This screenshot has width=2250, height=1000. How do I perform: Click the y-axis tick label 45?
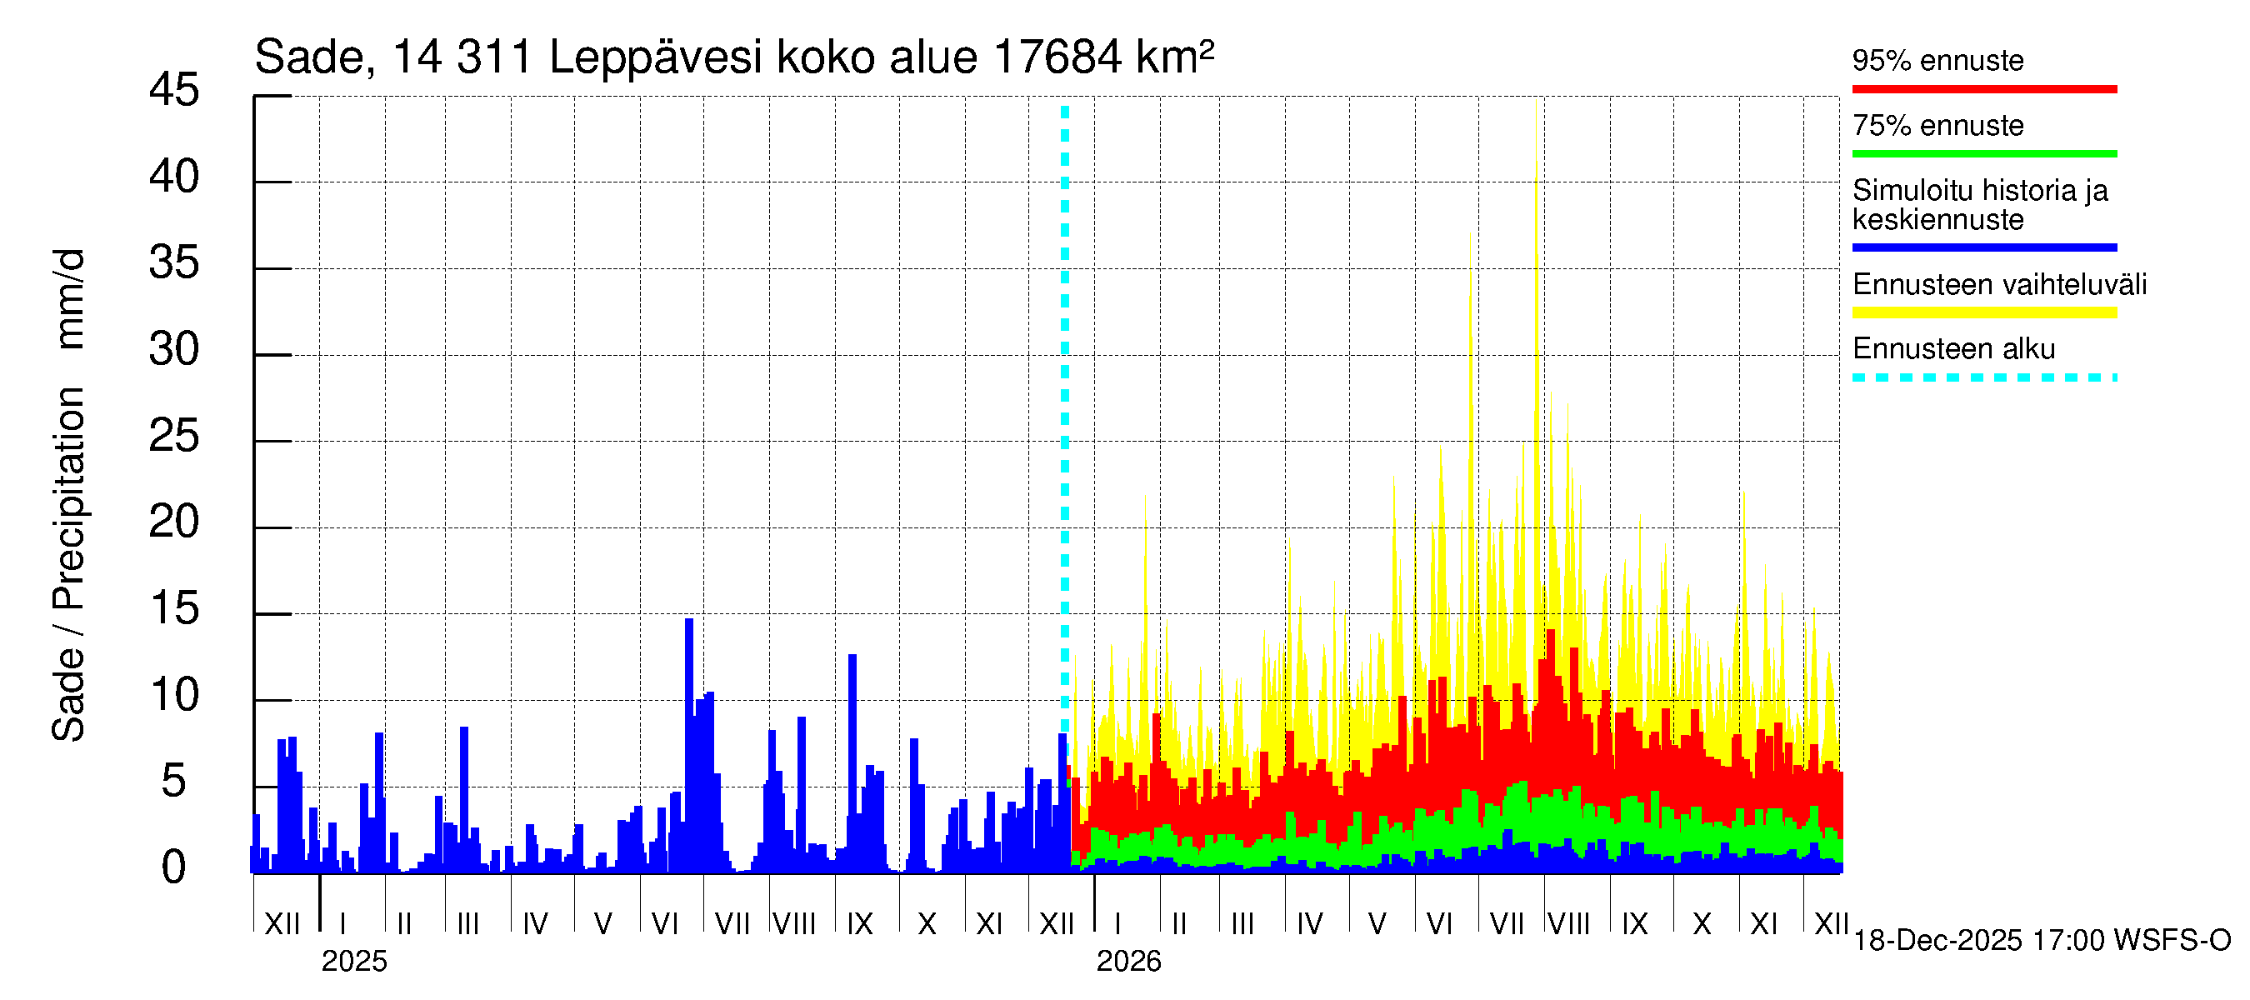174,90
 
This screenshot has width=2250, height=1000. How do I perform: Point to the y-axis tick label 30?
174,349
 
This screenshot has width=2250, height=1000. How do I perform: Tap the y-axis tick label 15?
174,608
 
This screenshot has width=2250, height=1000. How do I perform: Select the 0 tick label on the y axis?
174,867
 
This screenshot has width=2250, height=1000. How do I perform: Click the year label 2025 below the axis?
353,962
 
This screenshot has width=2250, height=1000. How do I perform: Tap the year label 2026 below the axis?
1128,962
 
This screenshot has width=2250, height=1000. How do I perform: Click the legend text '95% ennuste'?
1937,60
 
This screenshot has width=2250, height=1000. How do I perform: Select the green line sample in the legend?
1983,153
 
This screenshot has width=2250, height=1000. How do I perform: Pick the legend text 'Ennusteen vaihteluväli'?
1999,285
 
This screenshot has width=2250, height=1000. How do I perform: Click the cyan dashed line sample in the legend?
1983,378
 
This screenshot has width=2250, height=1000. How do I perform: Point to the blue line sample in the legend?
1983,247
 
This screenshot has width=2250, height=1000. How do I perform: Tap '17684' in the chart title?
1057,57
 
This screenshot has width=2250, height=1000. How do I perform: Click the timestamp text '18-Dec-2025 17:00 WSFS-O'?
2041,941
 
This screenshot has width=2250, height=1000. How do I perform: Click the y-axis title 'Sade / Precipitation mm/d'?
69,495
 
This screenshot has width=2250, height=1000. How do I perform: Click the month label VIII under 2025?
795,923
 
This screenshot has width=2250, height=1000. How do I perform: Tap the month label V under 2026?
1377,923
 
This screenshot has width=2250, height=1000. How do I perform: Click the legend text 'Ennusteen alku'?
1953,349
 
